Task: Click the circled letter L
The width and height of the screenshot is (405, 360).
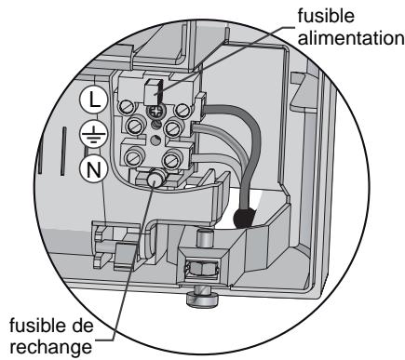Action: (x=94, y=99)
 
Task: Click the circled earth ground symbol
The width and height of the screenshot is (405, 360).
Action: (x=94, y=134)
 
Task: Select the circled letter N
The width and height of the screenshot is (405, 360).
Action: (x=94, y=169)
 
